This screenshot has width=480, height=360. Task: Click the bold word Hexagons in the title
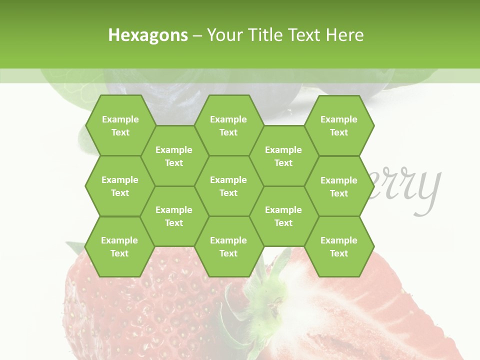click(x=148, y=35)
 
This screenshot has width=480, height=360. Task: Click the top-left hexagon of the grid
click(x=120, y=125)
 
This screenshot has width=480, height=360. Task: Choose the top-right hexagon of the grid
click(x=339, y=125)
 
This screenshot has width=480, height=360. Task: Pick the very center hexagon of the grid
click(x=228, y=186)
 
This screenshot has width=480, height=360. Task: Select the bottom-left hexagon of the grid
click(x=119, y=246)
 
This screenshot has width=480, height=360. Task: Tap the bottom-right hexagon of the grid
click(x=339, y=246)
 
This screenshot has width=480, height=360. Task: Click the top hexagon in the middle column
click(x=228, y=125)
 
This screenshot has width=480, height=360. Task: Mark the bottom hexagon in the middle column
click(x=228, y=246)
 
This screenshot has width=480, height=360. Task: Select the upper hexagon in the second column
click(x=174, y=156)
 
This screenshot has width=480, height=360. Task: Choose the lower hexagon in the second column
click(x=174, y=216)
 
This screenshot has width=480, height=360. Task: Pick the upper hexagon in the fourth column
click(x=283, y=156)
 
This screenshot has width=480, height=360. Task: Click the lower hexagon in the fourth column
click(x=283, y=216)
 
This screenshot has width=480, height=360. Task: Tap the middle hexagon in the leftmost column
click(x=120, y=186)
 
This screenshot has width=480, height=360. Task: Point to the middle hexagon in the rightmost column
click(x=339, y=186)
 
